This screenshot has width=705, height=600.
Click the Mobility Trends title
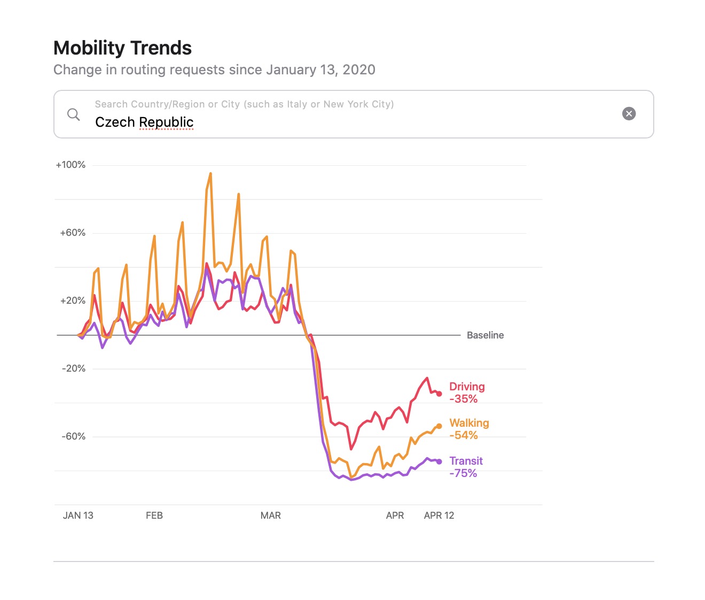click(x=122, y=48)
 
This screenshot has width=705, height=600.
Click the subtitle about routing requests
click(x=214, y=70)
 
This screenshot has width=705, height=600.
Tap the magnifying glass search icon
click(x=74, y=114)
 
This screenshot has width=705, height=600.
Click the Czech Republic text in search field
click(x=144, y=122)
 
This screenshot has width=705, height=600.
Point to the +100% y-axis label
click(x=70, y=165)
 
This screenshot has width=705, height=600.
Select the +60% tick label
click(x=73, y=233)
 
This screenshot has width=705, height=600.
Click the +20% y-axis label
click(x=73, y=301)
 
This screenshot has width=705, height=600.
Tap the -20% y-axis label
click(x=74, y=368)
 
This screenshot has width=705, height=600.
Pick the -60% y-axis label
click(x=74, y=436)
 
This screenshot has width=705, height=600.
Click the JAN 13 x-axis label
click(x=78, y=516)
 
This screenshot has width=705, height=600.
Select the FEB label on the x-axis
click(x=154, y=516)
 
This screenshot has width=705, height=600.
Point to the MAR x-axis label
click(x=271, y=516)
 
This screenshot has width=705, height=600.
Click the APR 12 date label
click(x=439, y=516)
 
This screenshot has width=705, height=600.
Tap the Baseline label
click(x=485, y=335)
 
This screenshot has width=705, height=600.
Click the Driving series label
click(x=467, y=387)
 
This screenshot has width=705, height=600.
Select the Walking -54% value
click(x=464, y=435)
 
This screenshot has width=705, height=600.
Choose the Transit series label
click(x=466, y=461)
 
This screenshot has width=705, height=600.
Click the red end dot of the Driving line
click(x=439, y=394)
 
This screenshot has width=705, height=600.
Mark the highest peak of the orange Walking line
click(x=210, y=173)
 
